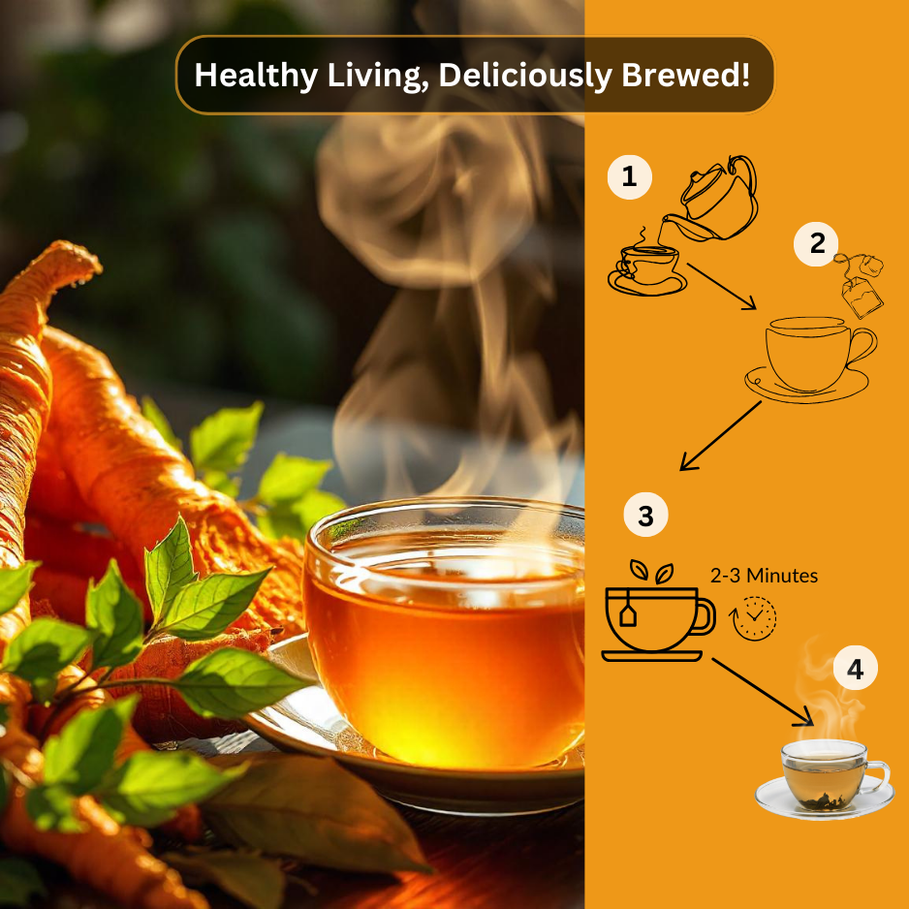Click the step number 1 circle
click(630, 177)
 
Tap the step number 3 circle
click(645, 516)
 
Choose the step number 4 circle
click(855, 669)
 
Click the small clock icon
click(754, 617)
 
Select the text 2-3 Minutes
click(764, 576)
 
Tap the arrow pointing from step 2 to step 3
click(720, 436)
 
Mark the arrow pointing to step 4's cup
click(763, 691)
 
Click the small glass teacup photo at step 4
click(825, 775)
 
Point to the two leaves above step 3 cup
click(651, 572)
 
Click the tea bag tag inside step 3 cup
click(628, 617)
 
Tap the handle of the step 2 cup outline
click(861, 347)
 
